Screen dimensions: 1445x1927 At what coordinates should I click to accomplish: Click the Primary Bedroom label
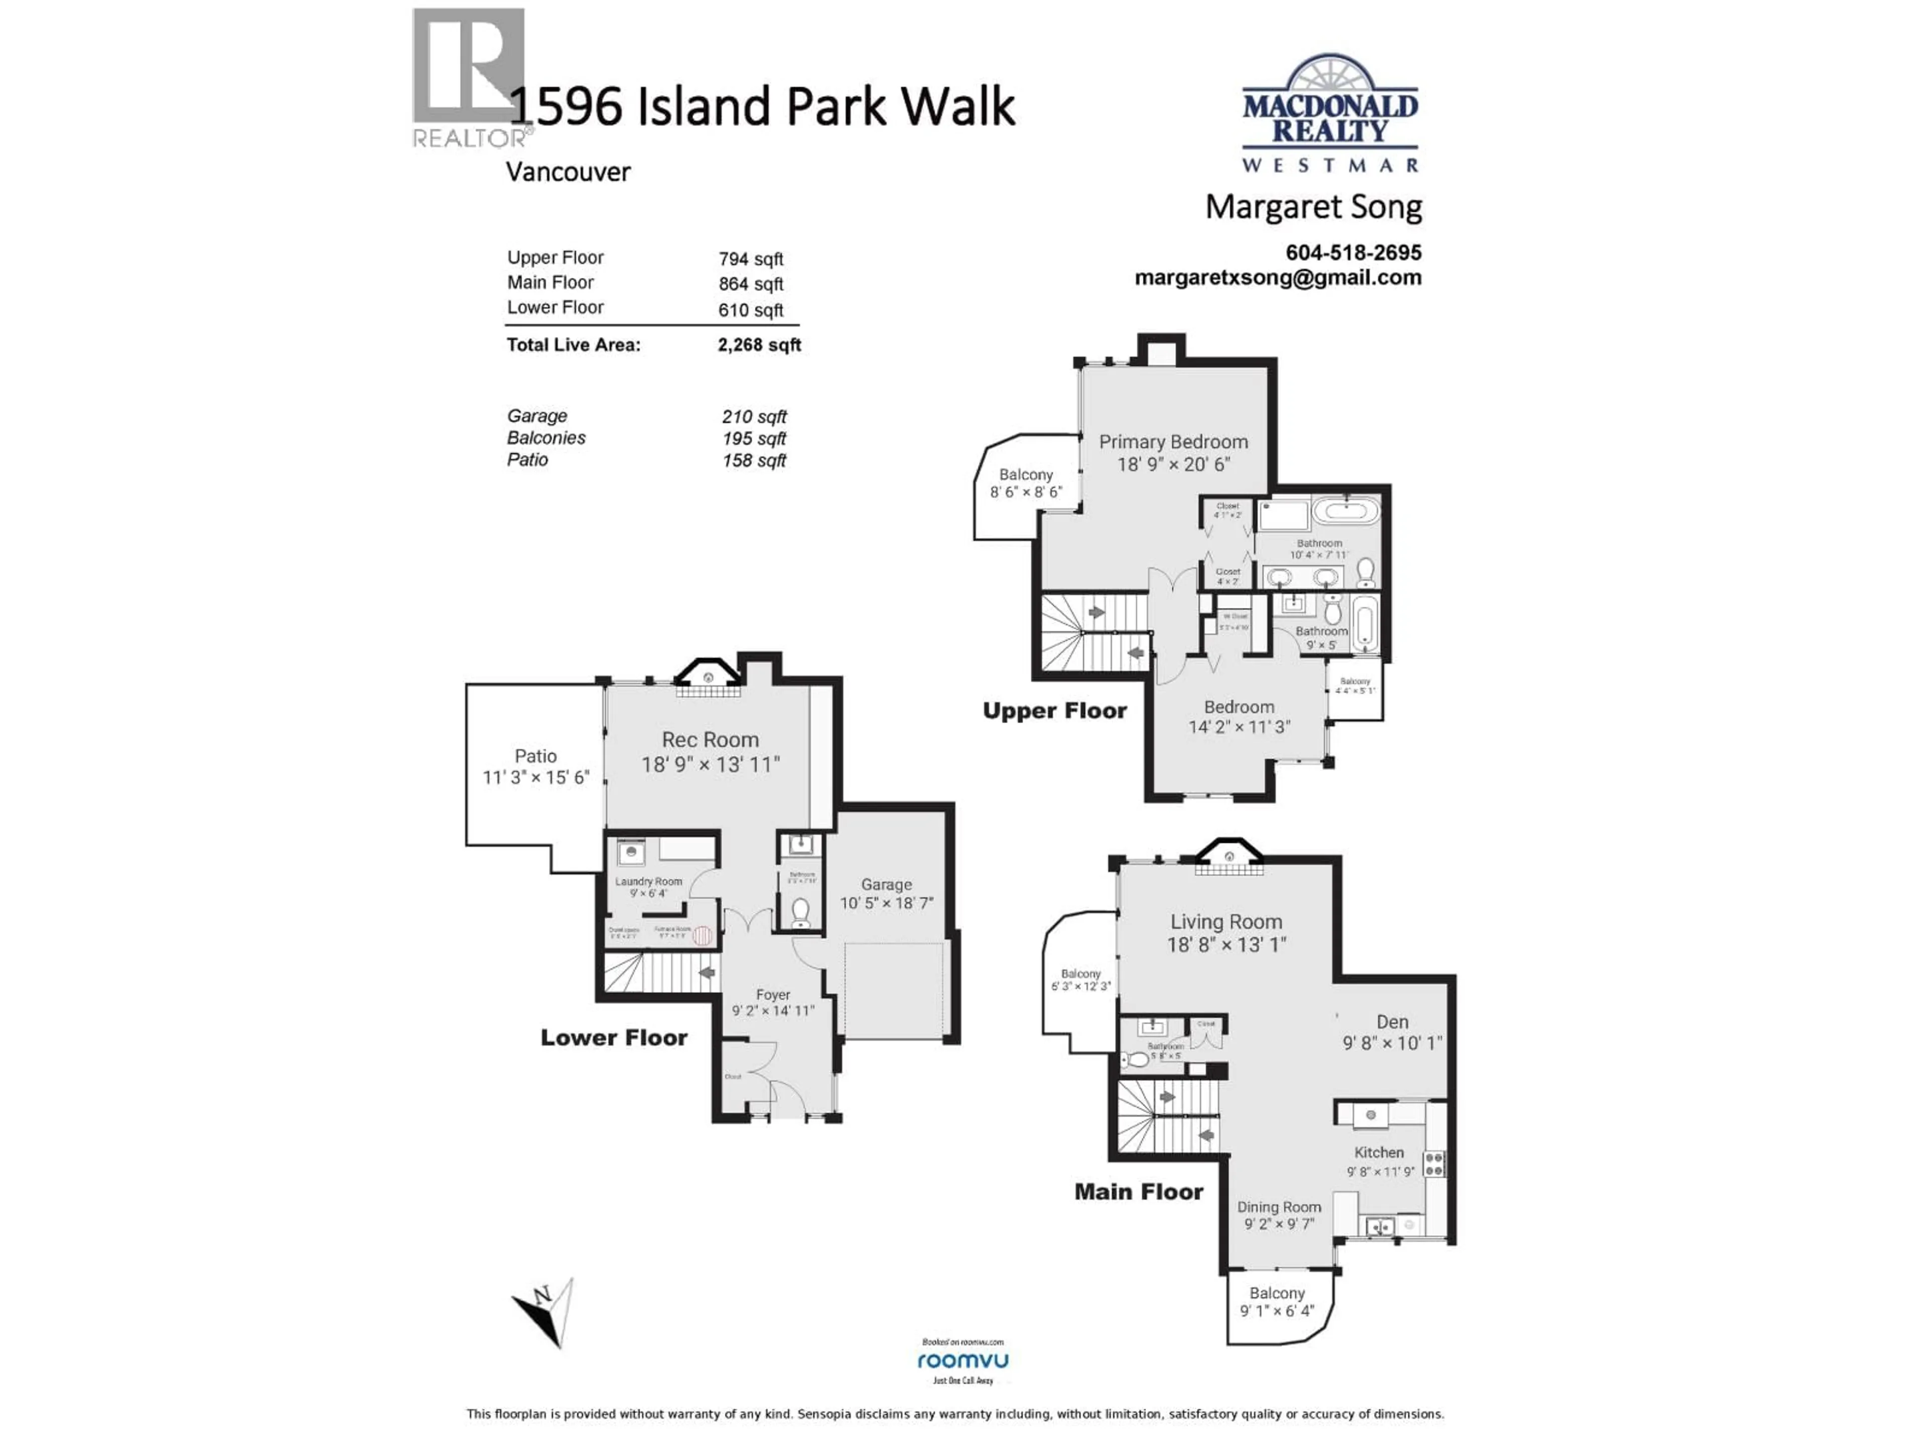[x=1173, y=443]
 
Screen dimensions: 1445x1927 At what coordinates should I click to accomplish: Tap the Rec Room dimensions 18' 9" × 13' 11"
[x=710, y=765]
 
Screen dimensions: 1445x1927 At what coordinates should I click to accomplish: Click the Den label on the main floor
[x=1392, y=1022]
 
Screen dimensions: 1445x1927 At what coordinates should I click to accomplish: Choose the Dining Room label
[x=1279, y=1207]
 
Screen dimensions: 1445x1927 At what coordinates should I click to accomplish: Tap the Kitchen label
[x=1379, y=1152]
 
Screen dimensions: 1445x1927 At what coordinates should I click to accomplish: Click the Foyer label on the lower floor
[x=773, y=994]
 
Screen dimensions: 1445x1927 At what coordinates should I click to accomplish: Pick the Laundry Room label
[x=648, y=882]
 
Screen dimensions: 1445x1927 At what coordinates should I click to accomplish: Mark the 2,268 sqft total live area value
[x=759, y=345]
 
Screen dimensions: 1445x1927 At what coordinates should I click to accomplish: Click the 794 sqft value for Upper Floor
[x=750, y=259]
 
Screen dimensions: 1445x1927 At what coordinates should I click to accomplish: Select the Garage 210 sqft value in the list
[x=754, y=416]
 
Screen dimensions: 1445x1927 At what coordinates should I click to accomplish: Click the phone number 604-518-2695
[x=1353, y=252]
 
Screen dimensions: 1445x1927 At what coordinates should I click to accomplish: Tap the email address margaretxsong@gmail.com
[x=1278, y=278]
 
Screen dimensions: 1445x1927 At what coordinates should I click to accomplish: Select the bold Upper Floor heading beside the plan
[x=1054, y=711]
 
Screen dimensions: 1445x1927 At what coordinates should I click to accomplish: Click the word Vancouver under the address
[x=568, y=172]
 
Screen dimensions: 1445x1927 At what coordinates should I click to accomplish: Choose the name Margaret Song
[x=1313, y=207]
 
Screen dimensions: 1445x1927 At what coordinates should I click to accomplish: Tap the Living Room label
[x=1226, y=922]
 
